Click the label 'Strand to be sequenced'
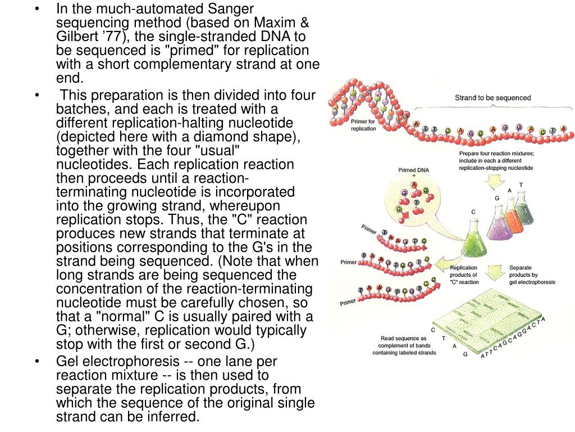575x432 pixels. point(492,98)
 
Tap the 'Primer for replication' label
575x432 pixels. point(363,125)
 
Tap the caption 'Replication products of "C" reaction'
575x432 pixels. point(464,274)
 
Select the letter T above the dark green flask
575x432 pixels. point(521,185)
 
